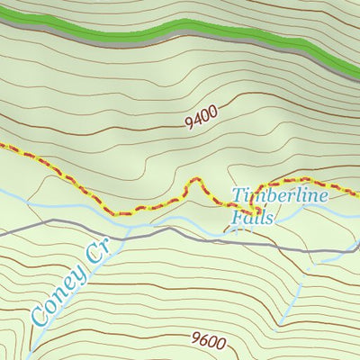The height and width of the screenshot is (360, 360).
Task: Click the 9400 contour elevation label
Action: click(x=204, y=117)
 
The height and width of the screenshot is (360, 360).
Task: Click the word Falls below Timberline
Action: click(x=251, y=218)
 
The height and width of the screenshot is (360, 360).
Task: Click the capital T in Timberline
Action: click(x=238, y=195)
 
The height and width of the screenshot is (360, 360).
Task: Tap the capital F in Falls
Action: click(x=237, y=218)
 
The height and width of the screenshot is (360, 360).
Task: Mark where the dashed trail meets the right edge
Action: click(x=357, y=193)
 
